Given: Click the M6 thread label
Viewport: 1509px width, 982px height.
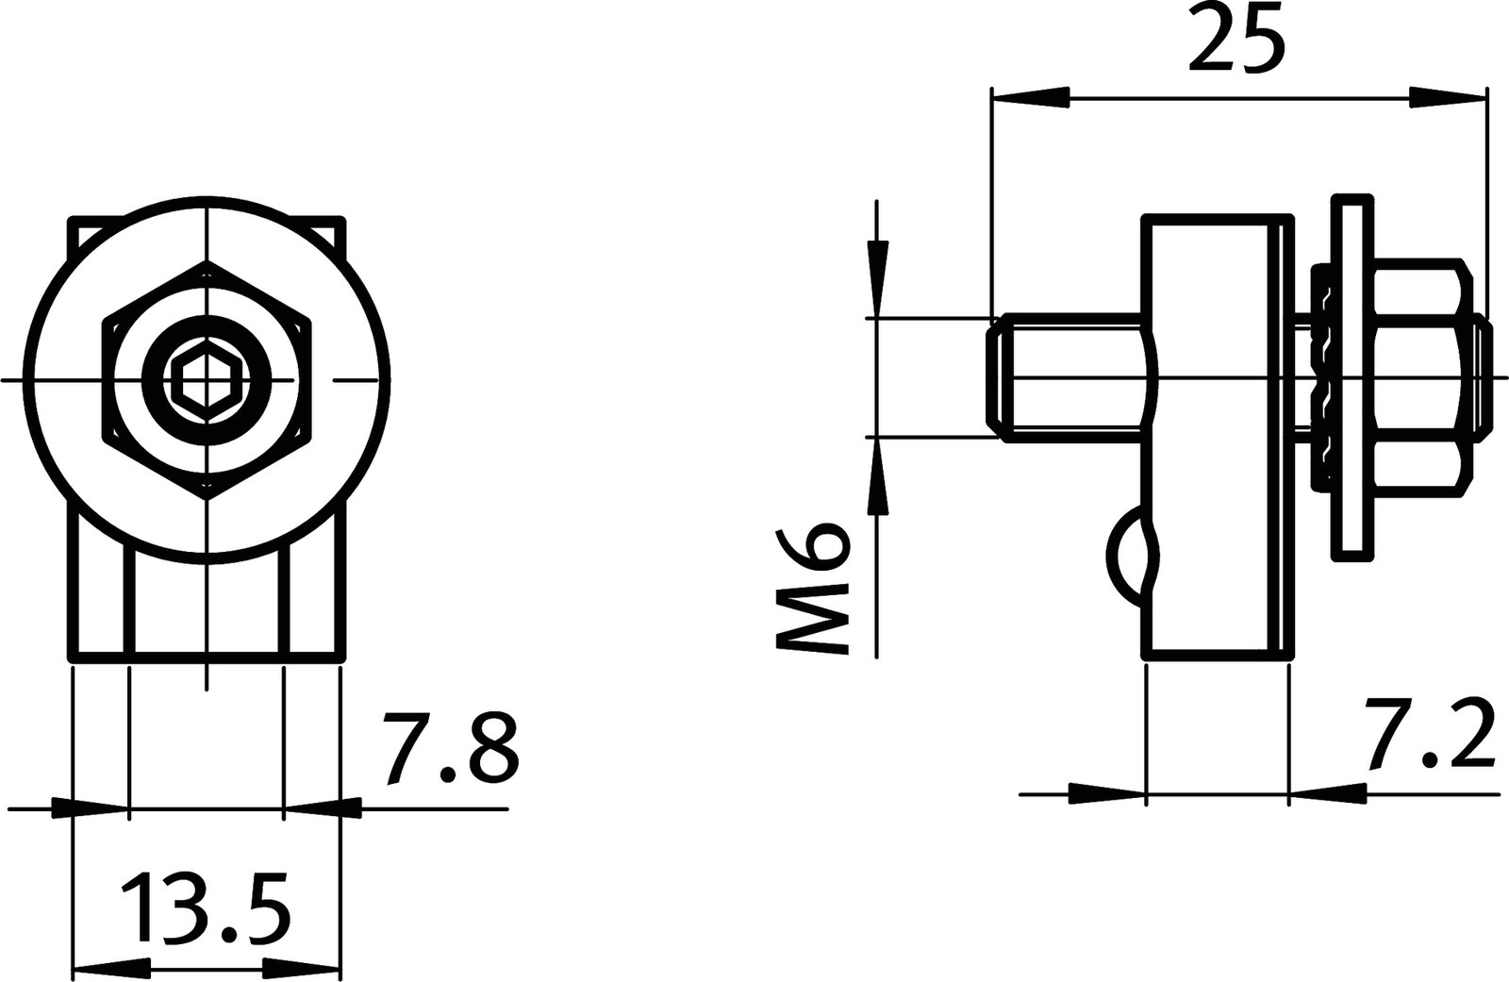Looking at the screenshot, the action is (x=812, y=587).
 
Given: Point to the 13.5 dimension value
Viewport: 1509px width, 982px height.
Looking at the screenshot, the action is (x=205, y=907).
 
